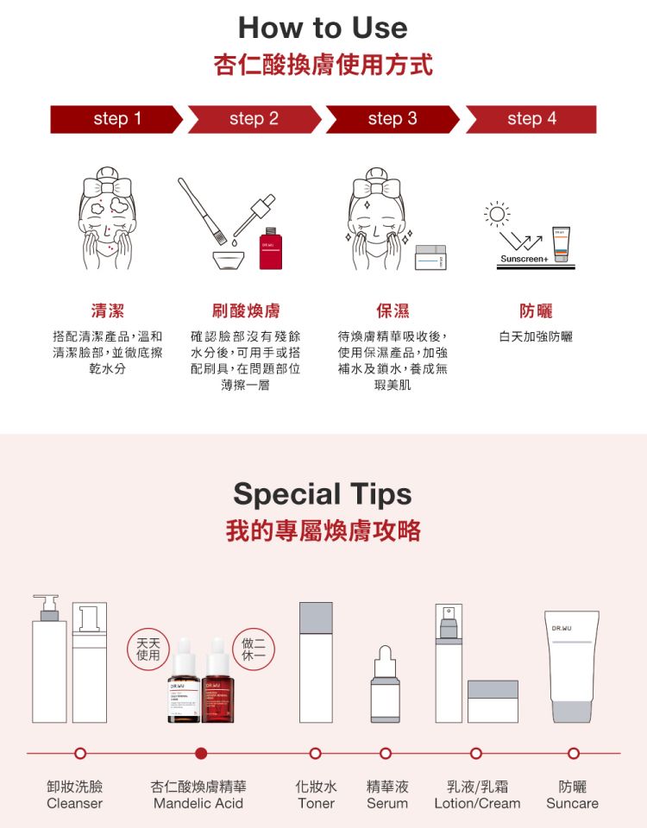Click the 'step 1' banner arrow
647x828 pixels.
pyautogui.click(x=116, y=119)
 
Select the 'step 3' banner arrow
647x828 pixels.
pyautogui.click(x=393, y=119)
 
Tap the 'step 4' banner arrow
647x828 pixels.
pyautogui.click(x=531, y=119)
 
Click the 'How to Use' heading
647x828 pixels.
pyautogui.click(x=323, y=28)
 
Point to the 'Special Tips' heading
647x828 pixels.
pyautogui.click(x=323, y=494)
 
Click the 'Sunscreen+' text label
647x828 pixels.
pyautogui.click(x=521, y=259)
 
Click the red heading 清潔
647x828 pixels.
pyautogui.click(x=107, y=310)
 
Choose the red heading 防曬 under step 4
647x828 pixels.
pyautogui.click(x=536, y=310)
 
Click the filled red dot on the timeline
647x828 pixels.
pyautogui.click(x=202, y=754)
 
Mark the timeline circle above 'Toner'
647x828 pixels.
pyautogui.click(x=316, y=754)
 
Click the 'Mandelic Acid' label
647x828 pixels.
pyautogui.click(x=198, y=803)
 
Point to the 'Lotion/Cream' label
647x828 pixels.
pyautogui.click(x=477, y=803)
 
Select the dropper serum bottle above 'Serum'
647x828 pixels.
pyautogui.click(x=386, y=686)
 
